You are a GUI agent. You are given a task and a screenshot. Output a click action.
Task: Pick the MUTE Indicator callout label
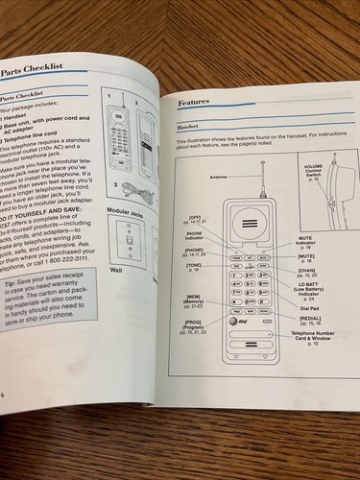pyautogui.click(x=305, y=239)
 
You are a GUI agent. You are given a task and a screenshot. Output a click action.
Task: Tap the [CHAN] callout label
pyautogui.click(x=307, y=272)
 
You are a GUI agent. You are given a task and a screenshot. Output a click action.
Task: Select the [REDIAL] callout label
pyautogui.click(x=309, y=322)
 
